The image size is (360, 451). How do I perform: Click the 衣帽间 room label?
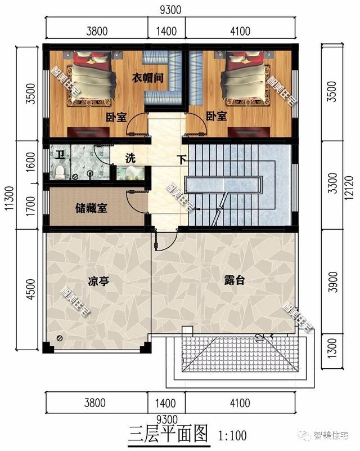pos(147,78)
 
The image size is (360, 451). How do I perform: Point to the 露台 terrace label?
pos(234,280)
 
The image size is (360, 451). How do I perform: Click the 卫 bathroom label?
pos(59,152)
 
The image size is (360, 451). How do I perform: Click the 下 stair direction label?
pos(182,159)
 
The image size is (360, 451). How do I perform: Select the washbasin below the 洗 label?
pos(130,172)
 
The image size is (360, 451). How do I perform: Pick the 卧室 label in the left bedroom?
pos(116,117)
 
